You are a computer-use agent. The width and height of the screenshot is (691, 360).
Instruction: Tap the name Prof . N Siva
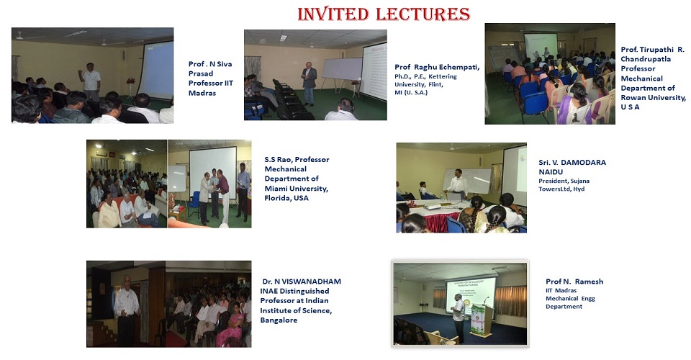click(210, 64)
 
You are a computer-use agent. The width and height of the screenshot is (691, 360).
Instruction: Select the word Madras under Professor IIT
click(202, 93)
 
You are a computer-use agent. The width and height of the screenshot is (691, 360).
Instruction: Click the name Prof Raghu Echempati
click(437, 67)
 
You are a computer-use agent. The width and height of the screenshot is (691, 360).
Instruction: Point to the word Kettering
click(443, 76)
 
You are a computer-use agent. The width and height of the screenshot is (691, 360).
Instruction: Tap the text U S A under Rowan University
click(631, 107)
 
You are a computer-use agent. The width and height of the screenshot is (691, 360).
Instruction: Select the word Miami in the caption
click(278, 189)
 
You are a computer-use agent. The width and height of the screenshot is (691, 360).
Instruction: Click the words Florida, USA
click(286, 198)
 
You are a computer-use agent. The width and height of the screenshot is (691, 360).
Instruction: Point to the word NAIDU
click(551, 172)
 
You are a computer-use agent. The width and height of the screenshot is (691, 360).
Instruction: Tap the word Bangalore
click(279, 320)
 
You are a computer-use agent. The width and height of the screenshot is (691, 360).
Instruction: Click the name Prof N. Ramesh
click(574, 281)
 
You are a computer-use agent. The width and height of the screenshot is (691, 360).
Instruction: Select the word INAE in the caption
click(270, 291)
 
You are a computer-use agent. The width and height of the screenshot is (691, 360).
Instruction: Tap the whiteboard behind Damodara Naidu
click(467, 181)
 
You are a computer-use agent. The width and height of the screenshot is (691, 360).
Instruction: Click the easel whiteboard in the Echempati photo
click(342, 68)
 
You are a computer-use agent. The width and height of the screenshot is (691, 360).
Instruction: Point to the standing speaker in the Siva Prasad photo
click(91, 82)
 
